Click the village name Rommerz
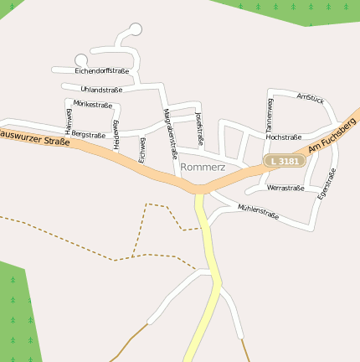click(202, 168)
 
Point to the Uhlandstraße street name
click(101, 89)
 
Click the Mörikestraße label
click(92, 104)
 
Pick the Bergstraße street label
click(89, 134)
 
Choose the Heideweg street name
click(116, 134)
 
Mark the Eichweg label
click(142, 149)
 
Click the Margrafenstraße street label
click(170, 133)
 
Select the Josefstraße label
click(199, 128)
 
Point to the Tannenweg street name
click(270, 114)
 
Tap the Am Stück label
click(310, 98)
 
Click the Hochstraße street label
click(283, 137)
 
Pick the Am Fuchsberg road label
click(332, 135)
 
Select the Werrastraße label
click(285, 188)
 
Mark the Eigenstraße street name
click(327, 184)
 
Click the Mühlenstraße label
click(258, 211)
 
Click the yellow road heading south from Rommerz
click(206, 251)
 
